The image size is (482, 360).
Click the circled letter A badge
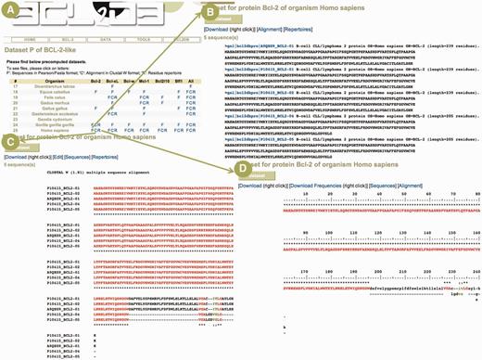point(8,8)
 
